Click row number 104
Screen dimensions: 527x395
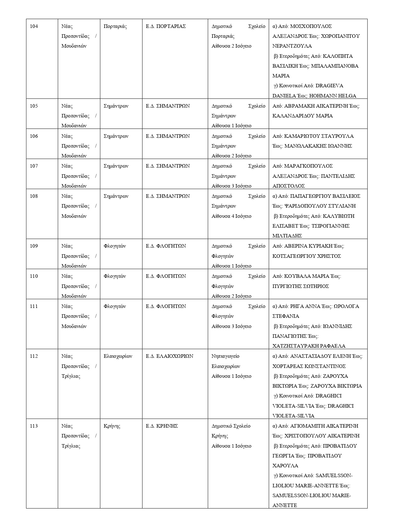click(34, 26)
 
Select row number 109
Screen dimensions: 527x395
click(34, 246)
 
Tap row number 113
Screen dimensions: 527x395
click(34, 426)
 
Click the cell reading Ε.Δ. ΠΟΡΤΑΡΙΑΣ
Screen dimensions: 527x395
click(166, 26)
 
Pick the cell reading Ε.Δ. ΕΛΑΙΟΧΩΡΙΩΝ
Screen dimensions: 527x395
click(169, 356)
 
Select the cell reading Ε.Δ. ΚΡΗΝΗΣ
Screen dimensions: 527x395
click(162, 426)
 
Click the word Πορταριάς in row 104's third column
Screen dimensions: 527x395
click(115, 26)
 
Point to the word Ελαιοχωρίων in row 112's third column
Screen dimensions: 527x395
click(118, 356)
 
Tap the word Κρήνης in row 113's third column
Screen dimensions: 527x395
click(112, 426)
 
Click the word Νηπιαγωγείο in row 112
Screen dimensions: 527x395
click(225, 356)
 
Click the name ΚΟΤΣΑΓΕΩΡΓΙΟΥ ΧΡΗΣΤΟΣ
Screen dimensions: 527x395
click(306, 256)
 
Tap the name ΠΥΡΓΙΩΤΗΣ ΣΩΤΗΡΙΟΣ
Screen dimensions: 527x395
click(300, 286)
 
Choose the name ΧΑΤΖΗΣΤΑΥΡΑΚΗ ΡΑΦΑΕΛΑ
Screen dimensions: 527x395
click(309, 346)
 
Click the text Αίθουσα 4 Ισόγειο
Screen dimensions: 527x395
click(231, 216)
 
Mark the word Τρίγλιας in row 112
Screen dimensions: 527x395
click(71, 376)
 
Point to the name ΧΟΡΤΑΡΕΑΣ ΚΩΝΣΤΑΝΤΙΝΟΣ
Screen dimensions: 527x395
click(309, 366)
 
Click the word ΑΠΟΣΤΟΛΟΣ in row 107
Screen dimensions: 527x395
click(288, 186)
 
